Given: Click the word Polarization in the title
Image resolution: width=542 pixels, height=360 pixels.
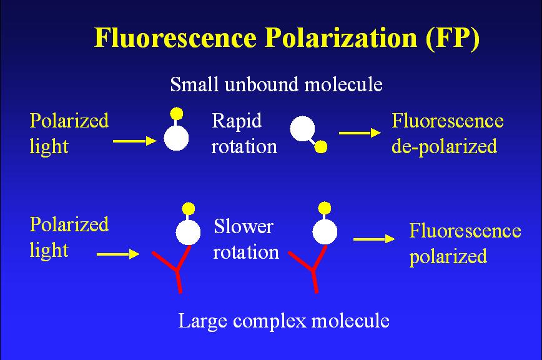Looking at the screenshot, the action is point(341,37).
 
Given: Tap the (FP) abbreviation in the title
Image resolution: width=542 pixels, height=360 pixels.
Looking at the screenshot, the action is point(453,37).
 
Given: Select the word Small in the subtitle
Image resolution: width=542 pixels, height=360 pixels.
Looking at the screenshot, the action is point(194,84).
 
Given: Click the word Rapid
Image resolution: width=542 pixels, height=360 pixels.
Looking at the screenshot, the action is point(237,122).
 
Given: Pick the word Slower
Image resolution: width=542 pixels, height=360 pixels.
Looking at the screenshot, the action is point(244,227).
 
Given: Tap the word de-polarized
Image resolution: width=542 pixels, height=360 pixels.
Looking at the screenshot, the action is point(444,147).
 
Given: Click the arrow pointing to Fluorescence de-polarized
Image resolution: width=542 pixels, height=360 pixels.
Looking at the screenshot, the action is point(360,132).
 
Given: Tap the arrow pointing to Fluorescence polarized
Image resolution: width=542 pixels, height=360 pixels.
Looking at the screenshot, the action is point(375,239).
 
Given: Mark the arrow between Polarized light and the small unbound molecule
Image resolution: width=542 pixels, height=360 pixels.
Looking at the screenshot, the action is point(135,141).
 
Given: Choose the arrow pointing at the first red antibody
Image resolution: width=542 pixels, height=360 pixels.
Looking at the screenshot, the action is point(118,254).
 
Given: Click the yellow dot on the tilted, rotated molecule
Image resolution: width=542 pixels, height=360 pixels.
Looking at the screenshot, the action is point(321,147).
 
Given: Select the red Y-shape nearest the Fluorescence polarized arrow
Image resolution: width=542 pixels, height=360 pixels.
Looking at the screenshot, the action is point(308,269).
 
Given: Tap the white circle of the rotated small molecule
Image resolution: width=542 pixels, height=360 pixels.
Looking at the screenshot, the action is point(302,129).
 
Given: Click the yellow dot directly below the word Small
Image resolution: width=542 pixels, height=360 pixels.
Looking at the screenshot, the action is point(177,113).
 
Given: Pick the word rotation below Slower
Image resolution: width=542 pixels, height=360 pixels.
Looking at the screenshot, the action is point(246,252).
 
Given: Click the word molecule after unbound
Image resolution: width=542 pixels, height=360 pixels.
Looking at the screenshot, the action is point(343,84).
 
